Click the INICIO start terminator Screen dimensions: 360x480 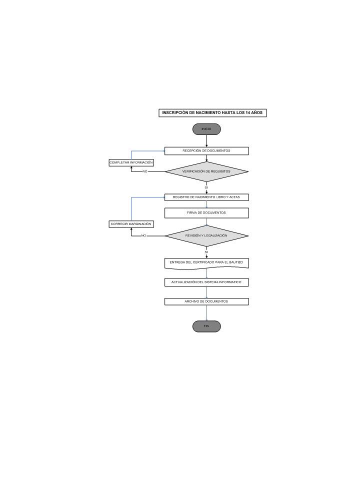pos(206,129)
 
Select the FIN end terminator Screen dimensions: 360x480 pos(206,326)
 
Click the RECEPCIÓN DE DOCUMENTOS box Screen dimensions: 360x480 pos(206,151)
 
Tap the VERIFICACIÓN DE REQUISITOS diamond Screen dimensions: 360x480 pos(206,171)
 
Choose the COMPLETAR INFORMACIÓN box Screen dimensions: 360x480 pos(131,162)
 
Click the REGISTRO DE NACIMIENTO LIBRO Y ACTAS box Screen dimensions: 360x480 pos(206,197)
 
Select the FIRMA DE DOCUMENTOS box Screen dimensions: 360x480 pos(206,213)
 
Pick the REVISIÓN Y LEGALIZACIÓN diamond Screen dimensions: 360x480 pos(206,236)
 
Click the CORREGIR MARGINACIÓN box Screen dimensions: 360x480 pos(131,224)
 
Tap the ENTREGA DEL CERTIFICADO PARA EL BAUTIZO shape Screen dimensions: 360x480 pos(206,263)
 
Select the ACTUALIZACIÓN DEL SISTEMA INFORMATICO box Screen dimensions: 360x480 pos(206,282)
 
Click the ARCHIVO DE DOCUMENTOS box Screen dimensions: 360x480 pos(206,301)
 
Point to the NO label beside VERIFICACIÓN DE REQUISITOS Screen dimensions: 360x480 pos(145,171)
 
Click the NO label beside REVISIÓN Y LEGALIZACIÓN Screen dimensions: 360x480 pos(143,236)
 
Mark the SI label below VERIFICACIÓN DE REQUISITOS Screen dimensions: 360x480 pos(206,187)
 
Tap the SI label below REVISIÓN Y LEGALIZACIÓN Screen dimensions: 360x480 pos(206,252)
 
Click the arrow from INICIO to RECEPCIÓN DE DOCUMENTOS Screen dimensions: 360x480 pos(206,141)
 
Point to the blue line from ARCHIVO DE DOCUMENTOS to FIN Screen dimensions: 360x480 pos(206,313)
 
